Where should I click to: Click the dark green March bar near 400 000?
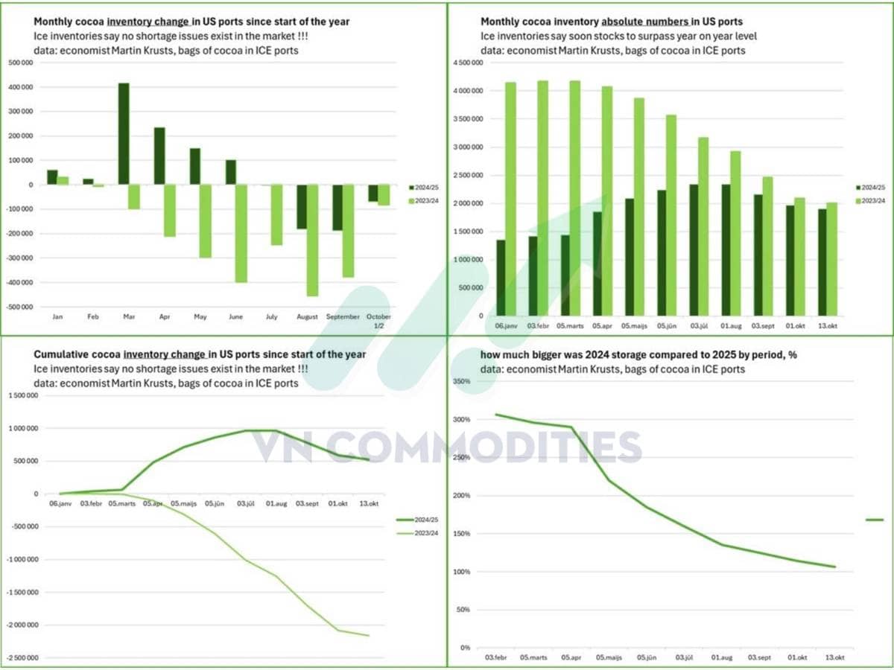(124, 134)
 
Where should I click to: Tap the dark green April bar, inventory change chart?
(159, 156)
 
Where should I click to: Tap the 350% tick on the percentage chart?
(462, 382)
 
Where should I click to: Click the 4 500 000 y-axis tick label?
(469, 63)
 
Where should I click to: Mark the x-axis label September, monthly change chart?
(343, 317)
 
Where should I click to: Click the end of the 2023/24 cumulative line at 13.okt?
(368, 635)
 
